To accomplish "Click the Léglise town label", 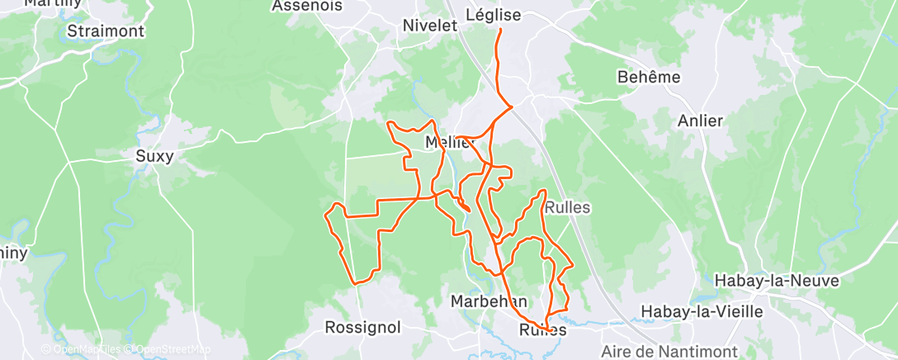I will pyautogui.click(x=494, y=15).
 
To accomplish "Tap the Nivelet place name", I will pyautogui.click(x=429, y=26).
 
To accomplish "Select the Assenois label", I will pyautogui.click(x=295, y=6).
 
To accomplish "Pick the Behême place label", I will pyautogui.click(x=649, y=77).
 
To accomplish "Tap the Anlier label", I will pyautogui.click(x=700, y=121).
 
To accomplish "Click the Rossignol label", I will pyautogui.click(x=363, y=327).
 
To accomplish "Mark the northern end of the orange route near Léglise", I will pyautogui.click(x=500, y=31).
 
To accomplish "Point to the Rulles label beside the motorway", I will pyautogui.click(x=567, y=207).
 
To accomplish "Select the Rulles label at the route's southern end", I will pyautogui.click(x=543, y=329).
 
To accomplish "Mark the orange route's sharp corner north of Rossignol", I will pyautogui.click(x=356, y=283).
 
